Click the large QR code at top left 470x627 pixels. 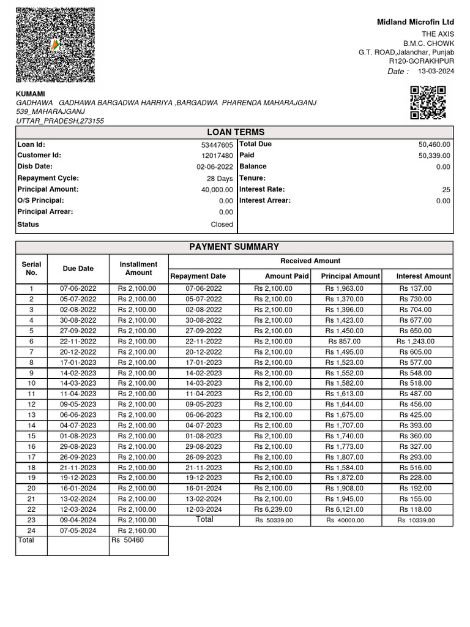click(55, 45)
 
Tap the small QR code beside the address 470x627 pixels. click(427, 102)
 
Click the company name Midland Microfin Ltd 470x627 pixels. click(416, 22)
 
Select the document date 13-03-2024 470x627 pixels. click(436, 71)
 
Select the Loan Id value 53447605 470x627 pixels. click(217, 145)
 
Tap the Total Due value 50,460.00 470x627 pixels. click(434, 145)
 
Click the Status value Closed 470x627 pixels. click(222, 225)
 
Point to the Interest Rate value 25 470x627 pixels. click(446, 190)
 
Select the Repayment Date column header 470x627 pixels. click(198, 276)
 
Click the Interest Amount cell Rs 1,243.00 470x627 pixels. click(415, 341)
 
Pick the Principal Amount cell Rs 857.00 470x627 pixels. click(345, 341)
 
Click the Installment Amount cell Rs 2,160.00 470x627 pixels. click(138, 530)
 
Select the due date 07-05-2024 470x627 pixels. click(78, 530)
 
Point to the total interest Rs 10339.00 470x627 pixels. click(416, 520)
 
